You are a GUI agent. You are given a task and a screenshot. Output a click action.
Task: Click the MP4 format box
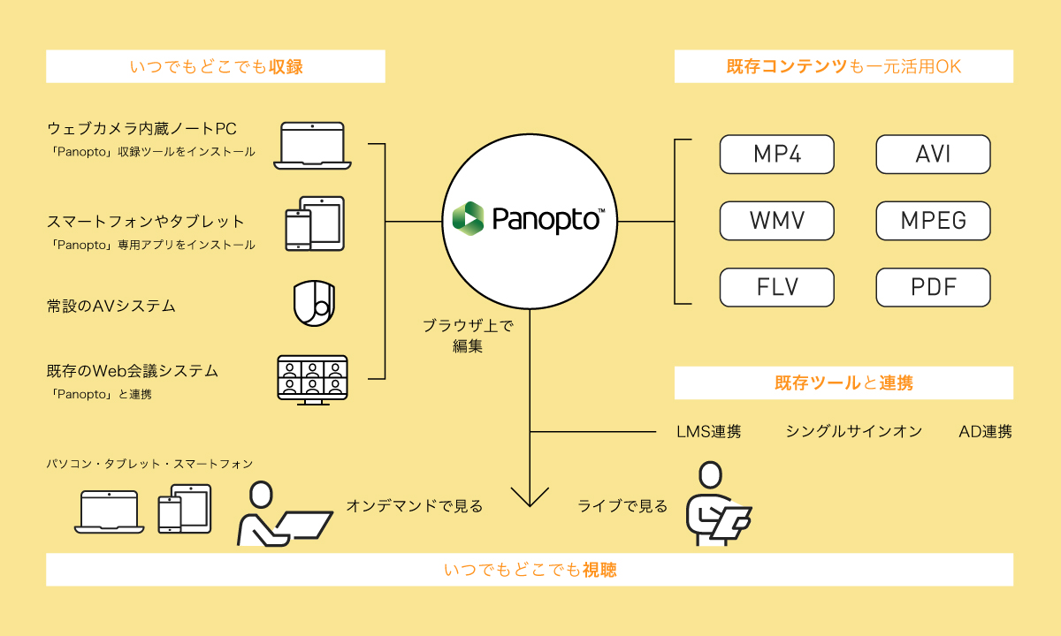point(777,154)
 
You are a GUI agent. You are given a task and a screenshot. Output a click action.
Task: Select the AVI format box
point(933,154)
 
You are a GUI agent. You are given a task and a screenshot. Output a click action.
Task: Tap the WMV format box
point(777,220)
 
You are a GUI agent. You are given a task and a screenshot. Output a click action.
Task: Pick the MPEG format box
point(933,220)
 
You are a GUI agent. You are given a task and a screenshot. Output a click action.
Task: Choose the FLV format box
point(777,287)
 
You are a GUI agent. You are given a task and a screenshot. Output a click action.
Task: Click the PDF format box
point(933,287)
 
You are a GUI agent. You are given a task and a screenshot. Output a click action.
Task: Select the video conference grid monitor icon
point(312,379)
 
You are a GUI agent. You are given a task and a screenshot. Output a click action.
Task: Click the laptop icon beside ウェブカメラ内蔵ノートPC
point(312,145)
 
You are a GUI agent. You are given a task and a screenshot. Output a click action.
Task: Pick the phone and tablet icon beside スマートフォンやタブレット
point(314,223)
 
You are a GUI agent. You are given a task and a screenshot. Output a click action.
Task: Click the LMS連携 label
point(708,432)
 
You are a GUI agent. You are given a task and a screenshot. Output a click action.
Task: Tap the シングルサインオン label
point(853,432)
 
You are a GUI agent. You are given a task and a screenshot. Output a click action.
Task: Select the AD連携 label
point(985,432)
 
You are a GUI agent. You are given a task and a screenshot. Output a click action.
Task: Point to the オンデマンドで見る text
point(415,506)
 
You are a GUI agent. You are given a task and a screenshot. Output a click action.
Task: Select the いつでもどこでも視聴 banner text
point(530,571)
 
